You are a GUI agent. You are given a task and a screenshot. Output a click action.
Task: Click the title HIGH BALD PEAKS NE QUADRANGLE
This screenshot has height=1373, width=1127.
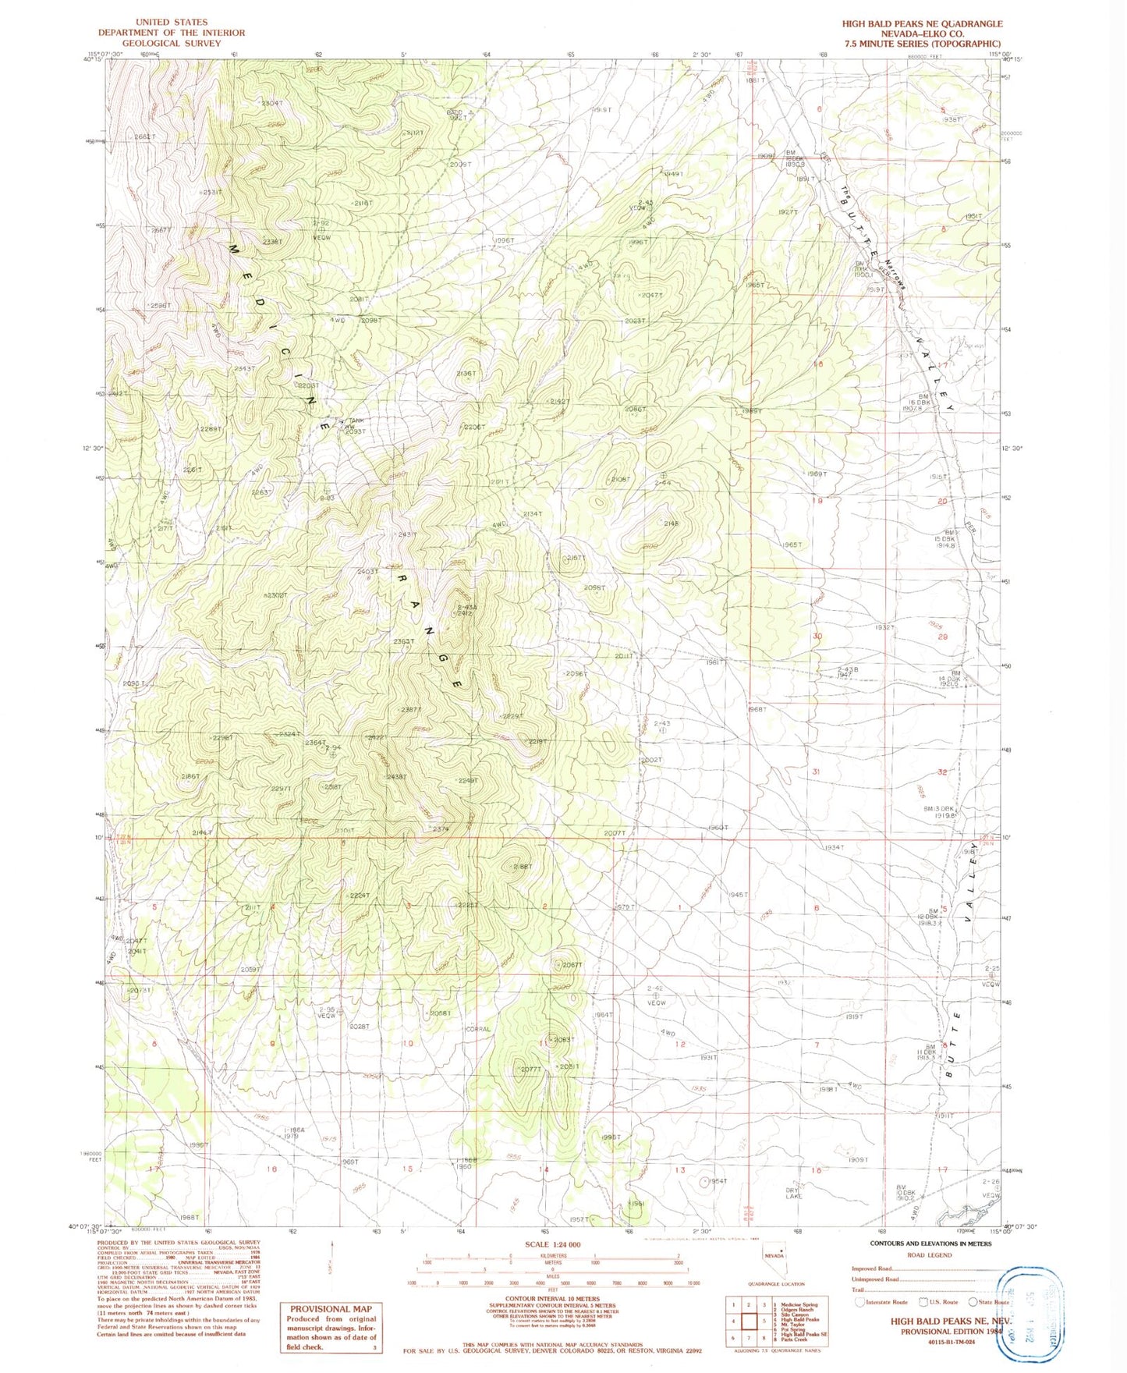point(922,23)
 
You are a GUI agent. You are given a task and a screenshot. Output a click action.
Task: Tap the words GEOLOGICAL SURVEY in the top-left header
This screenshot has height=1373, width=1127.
point(171,44)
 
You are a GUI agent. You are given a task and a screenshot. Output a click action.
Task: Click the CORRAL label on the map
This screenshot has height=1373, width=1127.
point(477,1029)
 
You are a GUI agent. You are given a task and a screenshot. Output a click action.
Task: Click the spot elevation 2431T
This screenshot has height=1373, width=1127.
point(408,534)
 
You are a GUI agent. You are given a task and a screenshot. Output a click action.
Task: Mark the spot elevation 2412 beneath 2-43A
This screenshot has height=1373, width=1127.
point(465,613)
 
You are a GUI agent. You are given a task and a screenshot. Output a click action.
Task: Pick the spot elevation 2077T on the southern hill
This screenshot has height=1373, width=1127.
point(530,1069)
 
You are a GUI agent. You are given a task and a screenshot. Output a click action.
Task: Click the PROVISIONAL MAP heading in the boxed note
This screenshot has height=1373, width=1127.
point(331,1309)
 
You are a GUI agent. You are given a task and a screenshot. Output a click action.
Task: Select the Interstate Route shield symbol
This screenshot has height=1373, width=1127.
point(859,1301)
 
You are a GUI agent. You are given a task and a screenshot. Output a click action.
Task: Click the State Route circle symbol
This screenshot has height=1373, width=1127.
point(973,1301)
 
